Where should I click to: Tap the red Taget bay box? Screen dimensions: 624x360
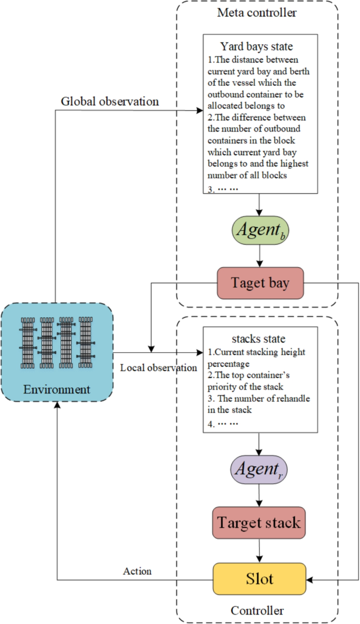point(260,283)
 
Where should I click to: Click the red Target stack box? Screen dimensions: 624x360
point(259,523)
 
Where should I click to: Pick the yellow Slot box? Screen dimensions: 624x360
point(259,579)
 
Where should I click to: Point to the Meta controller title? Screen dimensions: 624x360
point(257,12)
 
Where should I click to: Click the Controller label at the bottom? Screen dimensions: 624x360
point(257,611)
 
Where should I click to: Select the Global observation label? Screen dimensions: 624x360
point(110,101)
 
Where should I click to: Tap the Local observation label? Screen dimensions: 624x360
point(158,367)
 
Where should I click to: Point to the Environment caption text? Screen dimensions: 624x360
point(57,390)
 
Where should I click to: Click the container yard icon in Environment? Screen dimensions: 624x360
point(57,343)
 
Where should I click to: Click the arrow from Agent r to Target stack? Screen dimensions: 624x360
point(259,495)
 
